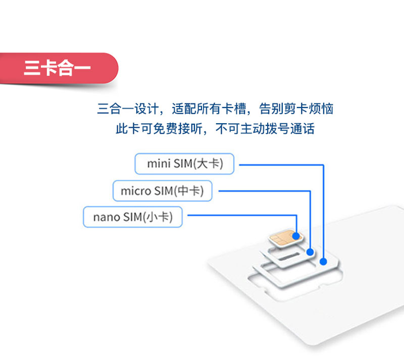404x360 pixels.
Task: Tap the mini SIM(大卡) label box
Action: tap(184, 164)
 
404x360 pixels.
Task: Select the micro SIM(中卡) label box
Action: tap(162, 191)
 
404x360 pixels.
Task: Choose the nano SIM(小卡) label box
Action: tap(133, 217)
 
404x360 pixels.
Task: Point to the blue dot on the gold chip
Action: tap(296, 236)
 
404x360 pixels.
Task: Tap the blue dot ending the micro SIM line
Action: tap(310, 252)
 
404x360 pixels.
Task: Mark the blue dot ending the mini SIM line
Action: tap(323, 262)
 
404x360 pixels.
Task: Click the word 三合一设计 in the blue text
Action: tap(128, 109)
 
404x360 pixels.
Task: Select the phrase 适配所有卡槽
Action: tap(209, 109)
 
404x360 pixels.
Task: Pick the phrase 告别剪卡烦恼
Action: tap(296, 109)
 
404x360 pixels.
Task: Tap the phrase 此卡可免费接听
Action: tap(159, 128)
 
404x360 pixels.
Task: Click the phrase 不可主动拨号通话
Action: tap(265, 128)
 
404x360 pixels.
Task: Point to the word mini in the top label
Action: tap(159, 164)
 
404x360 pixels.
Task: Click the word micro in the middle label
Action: tap(136, 191)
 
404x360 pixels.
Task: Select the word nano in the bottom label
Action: tap(107, 217)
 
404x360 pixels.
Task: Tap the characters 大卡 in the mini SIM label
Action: tap(209, 164)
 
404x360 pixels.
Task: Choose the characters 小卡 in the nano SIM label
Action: tap(158, 217)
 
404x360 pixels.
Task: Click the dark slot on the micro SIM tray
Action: tap(289, 256)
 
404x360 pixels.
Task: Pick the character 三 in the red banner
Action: tap(32, 68)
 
